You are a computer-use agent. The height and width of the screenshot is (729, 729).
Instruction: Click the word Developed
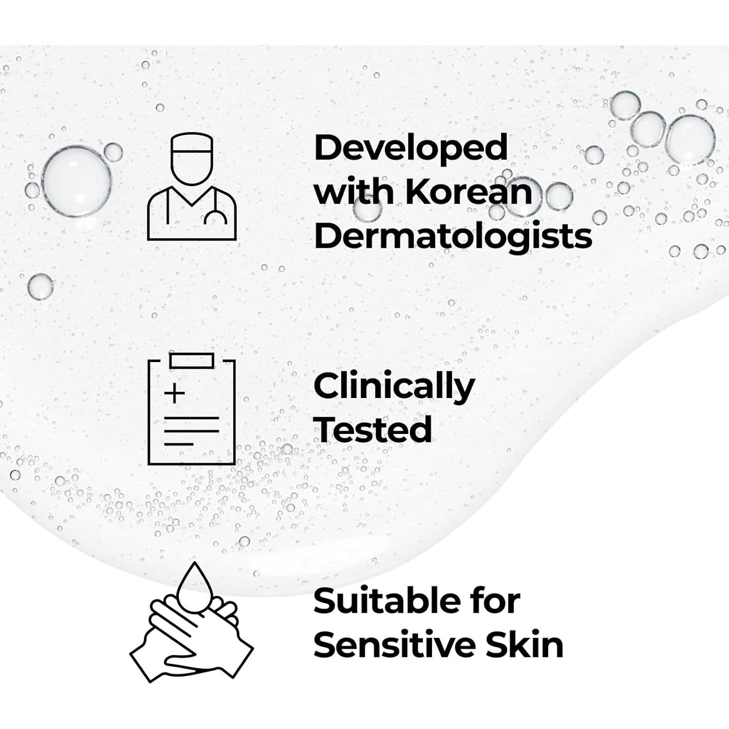[411, 148]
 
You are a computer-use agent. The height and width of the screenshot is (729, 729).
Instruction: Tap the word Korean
[469, 192]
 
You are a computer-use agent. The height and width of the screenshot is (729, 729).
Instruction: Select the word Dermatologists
[453, 237]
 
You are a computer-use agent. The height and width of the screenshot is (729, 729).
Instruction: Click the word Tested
[373, 430]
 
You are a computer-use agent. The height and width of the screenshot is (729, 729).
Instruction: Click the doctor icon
[191, 187]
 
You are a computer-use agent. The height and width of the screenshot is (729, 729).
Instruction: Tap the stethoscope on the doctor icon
[215, 216]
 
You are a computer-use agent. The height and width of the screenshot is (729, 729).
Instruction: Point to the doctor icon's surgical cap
[192, 144]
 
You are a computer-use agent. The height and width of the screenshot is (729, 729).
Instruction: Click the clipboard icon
[191, 409]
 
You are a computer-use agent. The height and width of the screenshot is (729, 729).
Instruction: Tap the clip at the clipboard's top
[191, 360]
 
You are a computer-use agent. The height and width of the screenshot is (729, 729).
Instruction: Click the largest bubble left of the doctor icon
[76, 181]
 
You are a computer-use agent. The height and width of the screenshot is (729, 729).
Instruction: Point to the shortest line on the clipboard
[178, 444]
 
